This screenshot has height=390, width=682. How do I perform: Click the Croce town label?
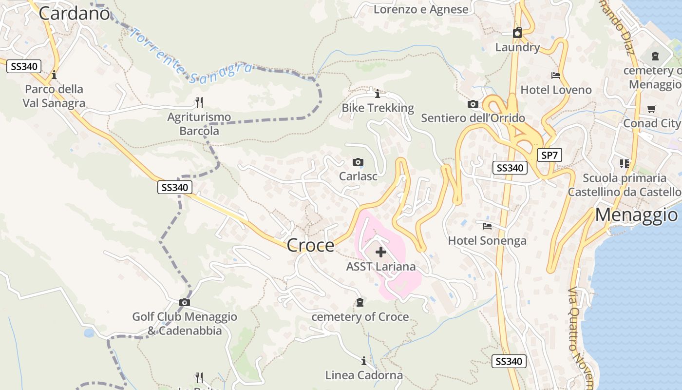click(x=311, y=245)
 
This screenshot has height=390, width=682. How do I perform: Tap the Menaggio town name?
click(x=636, y=214)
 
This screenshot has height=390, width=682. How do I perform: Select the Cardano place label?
click(x=74, y=13)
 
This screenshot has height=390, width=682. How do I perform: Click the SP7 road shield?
click(x=549, y=156)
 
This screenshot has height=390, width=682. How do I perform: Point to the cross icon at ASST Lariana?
click(x=381, y=252)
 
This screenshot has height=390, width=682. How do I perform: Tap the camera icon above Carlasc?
click(x=358, y=162)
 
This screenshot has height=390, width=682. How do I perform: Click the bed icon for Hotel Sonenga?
click(x=487, y=226)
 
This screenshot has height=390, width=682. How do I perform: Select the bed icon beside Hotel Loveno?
click(x=556, y=76)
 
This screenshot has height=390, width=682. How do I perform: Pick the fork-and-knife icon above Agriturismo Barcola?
click(x=199, y=102)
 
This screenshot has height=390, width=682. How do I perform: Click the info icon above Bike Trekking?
click(x=377, y=93)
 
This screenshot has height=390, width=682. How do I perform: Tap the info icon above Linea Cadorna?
click(x=363, y=361)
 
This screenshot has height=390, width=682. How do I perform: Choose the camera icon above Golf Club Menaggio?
click(x=184, y=303)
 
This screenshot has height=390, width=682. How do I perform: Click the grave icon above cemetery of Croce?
click(x=360, y=303)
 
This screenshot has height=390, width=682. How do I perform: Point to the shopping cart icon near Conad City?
click(x=651, y=109)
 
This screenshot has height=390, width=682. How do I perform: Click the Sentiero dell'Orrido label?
click(x=473, y=118)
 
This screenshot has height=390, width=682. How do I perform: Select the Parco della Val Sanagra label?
click(x=54, y=96)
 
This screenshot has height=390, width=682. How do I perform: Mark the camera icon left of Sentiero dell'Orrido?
click(x=473, y=104)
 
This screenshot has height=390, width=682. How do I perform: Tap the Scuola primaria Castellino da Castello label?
click(x=625, y=185)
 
